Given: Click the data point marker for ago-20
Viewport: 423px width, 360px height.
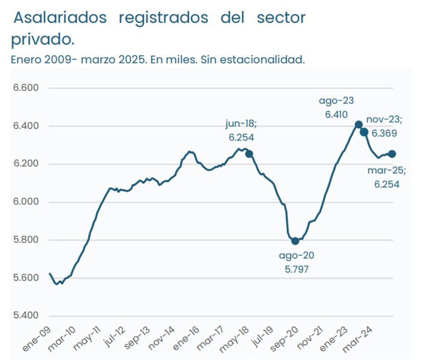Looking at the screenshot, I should tap(295, 241).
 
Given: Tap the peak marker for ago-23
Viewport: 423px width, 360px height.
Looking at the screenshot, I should tap(359, 125).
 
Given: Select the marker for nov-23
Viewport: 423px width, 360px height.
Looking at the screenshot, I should tap(364, 132).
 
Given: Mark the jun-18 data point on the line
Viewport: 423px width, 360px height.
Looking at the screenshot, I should tap(249, 154).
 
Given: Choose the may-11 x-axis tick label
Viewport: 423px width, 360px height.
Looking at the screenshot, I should tap(86, 341).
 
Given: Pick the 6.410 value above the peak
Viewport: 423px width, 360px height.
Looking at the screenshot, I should tap(336, 114).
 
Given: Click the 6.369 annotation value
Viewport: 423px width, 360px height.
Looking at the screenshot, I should tap(384, 133).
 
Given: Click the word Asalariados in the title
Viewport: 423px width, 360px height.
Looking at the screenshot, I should tap(59, 18).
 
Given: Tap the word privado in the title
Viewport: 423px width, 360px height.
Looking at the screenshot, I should tap(42, 40).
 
